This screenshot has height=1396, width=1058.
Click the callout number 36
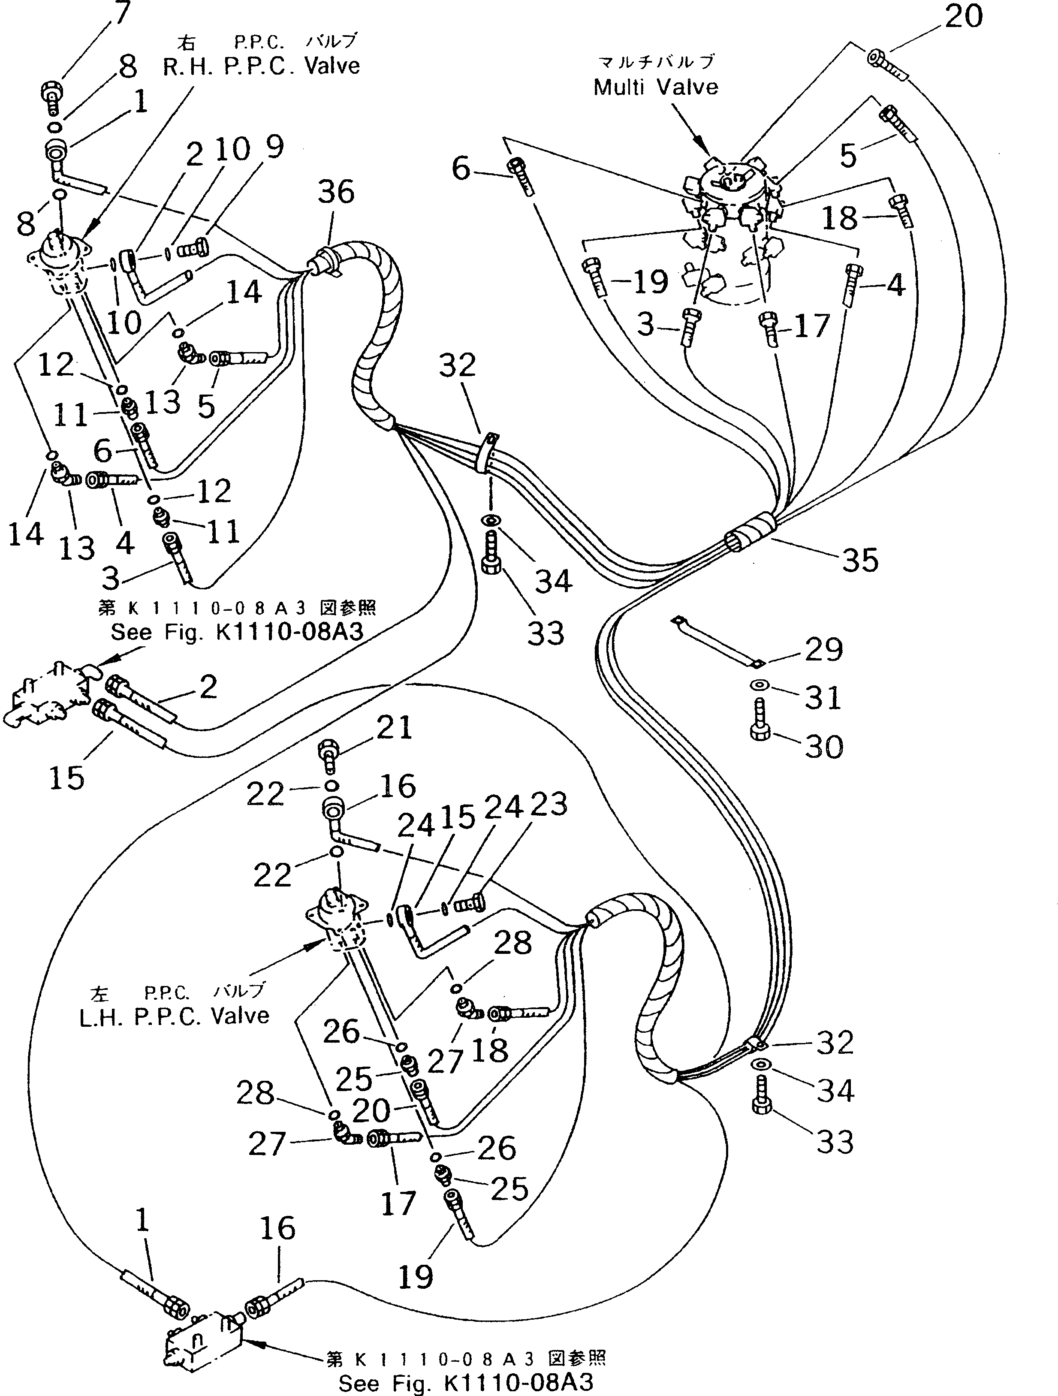(336, 191)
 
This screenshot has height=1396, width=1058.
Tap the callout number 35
(860, 559)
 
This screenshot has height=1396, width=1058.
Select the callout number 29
(823, 649)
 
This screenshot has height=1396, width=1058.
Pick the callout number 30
(823, 747)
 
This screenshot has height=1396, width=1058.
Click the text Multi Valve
(655, 87)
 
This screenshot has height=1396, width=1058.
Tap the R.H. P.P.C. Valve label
(261, 66)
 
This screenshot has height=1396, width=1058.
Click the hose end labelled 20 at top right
(889, 64)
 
